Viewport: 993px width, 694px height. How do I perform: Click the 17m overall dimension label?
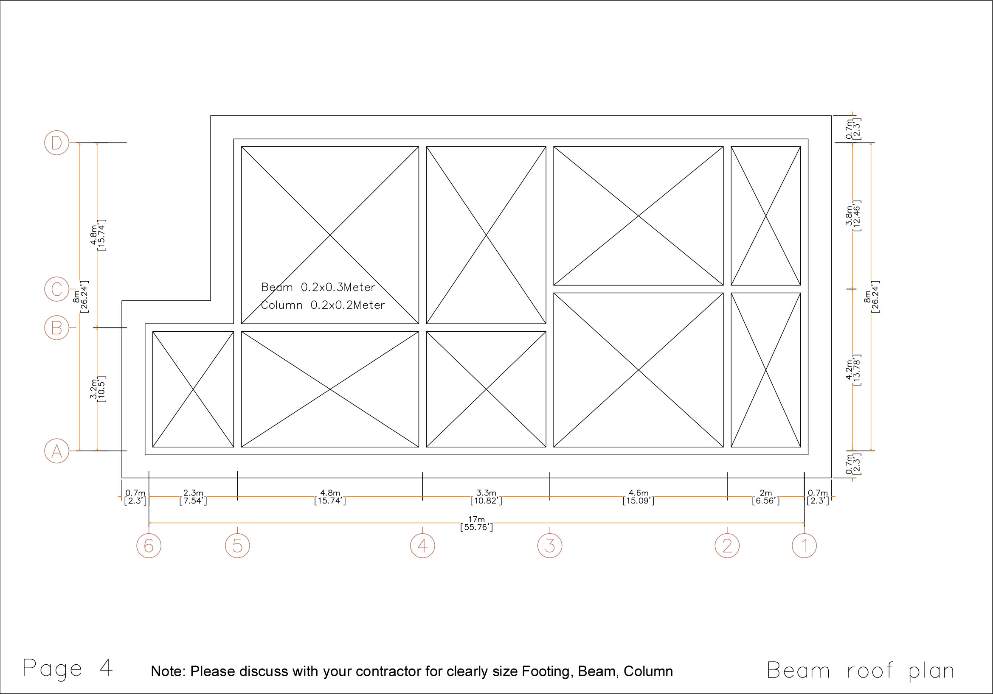click(477, 519)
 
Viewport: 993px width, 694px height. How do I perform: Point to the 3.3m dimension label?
click(486, 493)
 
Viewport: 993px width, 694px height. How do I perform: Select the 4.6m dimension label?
click(639, 493)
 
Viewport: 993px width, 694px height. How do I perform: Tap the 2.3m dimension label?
click(193, 493)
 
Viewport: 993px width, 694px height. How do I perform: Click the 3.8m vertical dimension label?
click(849, 215)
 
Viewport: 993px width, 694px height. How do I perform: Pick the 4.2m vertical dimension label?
click(849, 370)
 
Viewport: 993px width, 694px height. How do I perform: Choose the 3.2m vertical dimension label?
click(93, 389)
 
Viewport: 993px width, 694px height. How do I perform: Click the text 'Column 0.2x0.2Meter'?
click(323, 305)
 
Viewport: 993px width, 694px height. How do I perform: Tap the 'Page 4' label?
click(68, 669)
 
